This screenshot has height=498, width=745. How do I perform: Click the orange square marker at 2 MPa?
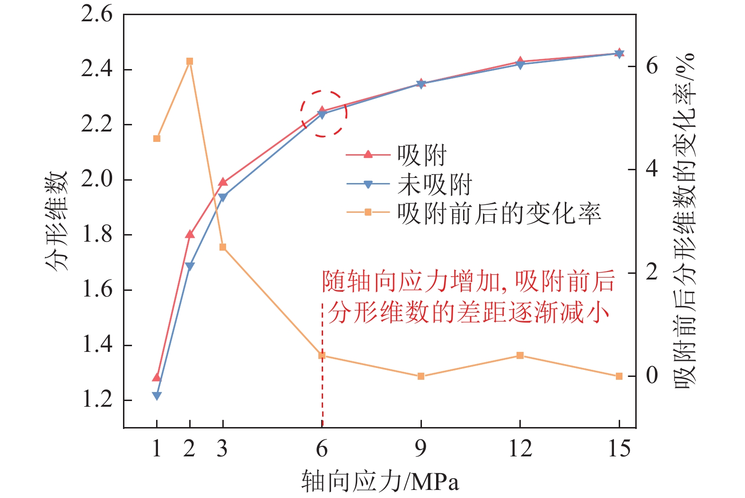(190, 61)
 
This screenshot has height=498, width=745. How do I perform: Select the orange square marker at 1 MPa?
(157, 139)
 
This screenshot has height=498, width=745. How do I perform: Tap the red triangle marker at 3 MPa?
(223, 182)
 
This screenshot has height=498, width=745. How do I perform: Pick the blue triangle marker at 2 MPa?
(190, 267)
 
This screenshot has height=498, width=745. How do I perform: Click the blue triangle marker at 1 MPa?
(157, 396)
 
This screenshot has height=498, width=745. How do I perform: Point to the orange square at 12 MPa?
(520, 356)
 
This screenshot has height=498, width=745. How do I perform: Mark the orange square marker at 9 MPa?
(421, 376)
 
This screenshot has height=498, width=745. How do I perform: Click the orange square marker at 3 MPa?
(223, 247)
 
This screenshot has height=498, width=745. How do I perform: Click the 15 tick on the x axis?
(619, 448)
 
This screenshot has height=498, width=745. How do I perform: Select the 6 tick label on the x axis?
(322, 448)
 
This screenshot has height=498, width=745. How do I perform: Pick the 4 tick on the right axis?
(652, 169)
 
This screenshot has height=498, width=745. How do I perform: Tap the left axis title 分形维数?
(57, 221)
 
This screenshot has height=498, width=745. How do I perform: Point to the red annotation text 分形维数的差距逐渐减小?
(468, 313)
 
